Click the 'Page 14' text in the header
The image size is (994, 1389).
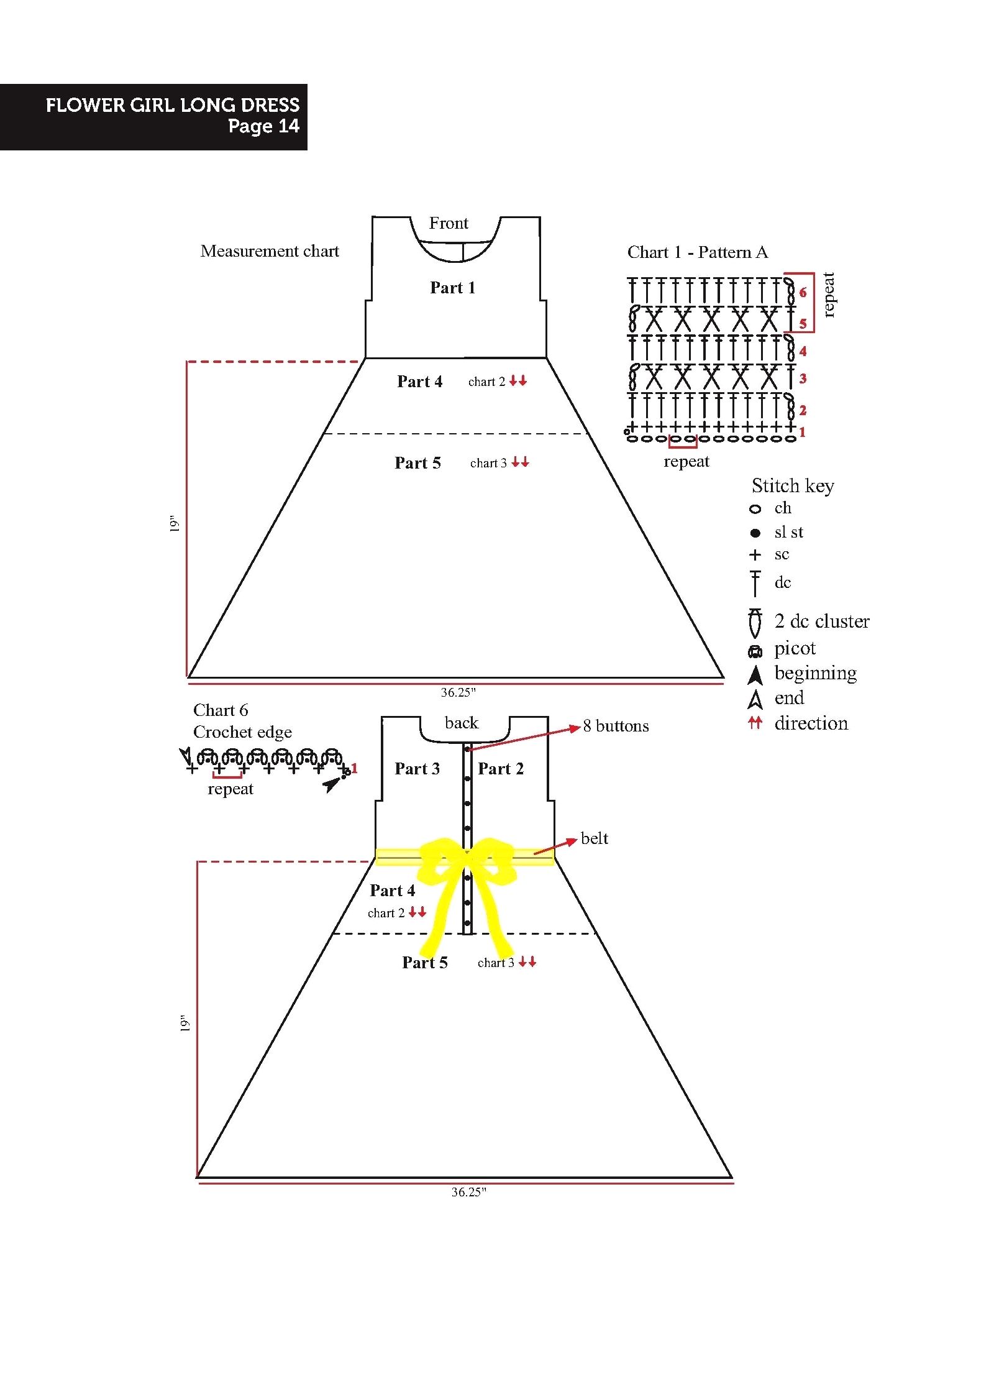point(263,126)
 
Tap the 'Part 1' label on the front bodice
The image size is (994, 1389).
point(452,288)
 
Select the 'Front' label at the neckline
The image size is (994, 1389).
point(449,223)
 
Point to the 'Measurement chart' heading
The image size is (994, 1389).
point(270,251)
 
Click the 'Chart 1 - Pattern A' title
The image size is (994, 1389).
point(698,252)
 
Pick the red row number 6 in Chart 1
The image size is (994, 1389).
point(803,292)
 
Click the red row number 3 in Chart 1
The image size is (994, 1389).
point(803,378)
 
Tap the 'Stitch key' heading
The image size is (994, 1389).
point(793,485)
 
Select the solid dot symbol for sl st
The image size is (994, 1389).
point(755,533)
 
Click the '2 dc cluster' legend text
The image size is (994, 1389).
point(822,621)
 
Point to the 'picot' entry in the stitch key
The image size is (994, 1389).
point(795,648)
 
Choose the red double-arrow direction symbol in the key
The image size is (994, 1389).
point(755,722)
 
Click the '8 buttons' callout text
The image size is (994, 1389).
point(616,726)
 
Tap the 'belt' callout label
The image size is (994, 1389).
point(595,838)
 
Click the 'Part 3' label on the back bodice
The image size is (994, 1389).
point(417,769)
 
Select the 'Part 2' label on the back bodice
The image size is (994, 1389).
point(501,769)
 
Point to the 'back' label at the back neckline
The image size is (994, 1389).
point(462,723)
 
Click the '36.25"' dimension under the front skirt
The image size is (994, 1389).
point(458,692)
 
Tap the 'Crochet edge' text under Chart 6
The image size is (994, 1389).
point(242,733)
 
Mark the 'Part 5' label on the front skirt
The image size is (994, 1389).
point(417,463)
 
